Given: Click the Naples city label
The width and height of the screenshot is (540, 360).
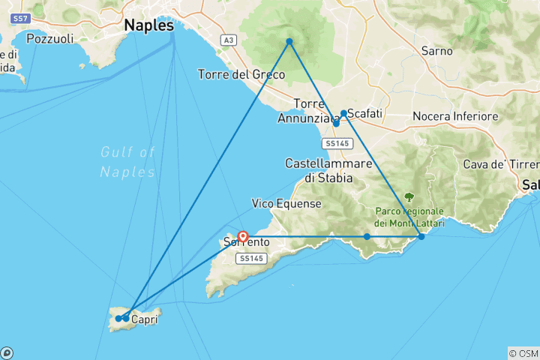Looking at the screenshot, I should click(148, 25).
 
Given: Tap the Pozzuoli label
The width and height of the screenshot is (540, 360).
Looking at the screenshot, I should click(49, 38).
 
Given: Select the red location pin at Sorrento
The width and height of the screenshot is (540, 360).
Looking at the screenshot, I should click(242, 236).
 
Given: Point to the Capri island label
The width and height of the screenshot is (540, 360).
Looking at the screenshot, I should click(144, 319).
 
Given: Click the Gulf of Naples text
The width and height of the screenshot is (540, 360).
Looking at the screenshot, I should click(127, 162).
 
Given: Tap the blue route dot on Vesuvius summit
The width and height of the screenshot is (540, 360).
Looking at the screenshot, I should click(289, 41).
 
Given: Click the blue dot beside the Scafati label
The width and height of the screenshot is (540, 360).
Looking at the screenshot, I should click(343, 113).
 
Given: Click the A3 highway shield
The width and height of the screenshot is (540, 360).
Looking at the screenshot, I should click(228, 39).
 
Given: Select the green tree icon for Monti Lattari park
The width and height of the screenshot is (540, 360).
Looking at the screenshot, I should click(409, 197).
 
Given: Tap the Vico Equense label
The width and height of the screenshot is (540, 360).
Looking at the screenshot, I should click(286, 203).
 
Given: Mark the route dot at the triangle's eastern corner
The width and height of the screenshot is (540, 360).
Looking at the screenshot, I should click(421, 236).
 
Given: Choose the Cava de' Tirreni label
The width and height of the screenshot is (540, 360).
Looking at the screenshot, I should click(509, 164).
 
